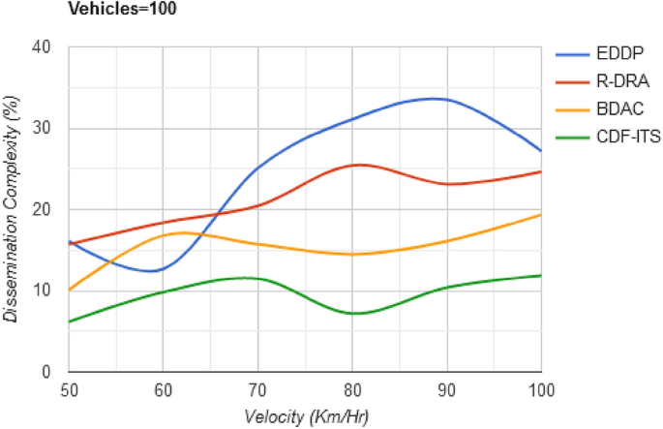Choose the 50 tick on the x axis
(69, 389)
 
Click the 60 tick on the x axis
(163, 389)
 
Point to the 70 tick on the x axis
(257, 389)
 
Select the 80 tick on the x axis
(352, 389)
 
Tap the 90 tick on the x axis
(446, 389)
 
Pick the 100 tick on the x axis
(540, 389)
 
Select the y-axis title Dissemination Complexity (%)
(14, 208)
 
